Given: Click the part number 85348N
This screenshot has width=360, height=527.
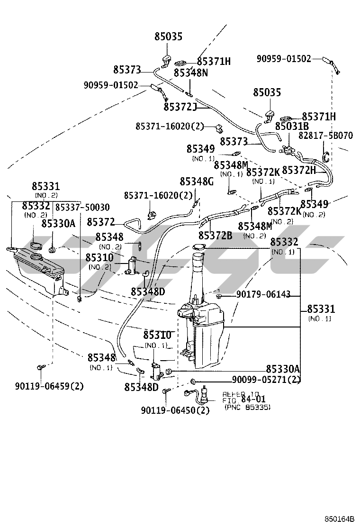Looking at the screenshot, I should point(191,73).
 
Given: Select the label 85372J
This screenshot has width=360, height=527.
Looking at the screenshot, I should point(180,107).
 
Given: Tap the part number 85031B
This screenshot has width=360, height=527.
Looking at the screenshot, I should point(292,126).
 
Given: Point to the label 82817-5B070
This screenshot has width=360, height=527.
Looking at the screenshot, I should point(325,136).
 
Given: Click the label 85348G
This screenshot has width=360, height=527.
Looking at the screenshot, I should point(197,182).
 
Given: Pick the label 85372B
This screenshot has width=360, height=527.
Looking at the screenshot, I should point(215,235).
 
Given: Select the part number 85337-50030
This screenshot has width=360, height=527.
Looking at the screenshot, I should point(82,208).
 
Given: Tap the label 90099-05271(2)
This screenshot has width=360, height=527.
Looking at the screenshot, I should point(266,380).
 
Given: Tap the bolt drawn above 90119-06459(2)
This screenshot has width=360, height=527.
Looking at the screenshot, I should point(40,367).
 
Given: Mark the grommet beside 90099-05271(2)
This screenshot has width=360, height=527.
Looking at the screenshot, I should point(193,381).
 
